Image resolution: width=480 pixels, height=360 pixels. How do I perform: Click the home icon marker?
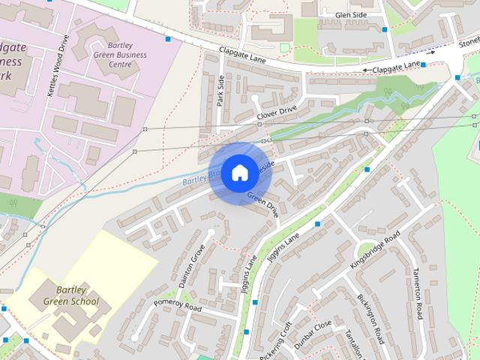pyautogui.click(x=239, y=173)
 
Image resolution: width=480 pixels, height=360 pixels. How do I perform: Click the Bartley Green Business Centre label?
pyautogui.click(x=121, y=55)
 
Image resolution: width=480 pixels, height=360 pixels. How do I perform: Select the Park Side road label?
pyautogui.click(x=221, y=91)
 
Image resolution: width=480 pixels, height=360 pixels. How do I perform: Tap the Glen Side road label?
pyautogui.click(x=351, y=14)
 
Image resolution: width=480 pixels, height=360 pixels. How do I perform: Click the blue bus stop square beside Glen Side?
pyautogui.click(x=385, y=30)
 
